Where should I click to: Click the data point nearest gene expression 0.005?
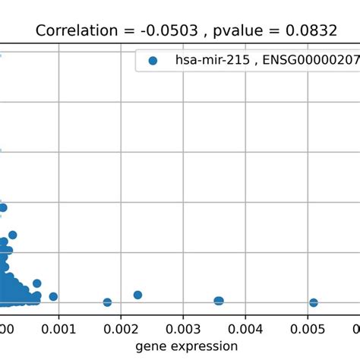[x=313, y=302]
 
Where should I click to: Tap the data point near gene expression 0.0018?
[x=107, y=302]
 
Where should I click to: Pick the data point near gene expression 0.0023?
[x=137, y=295]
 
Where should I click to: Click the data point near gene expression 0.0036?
[x=219, y=301]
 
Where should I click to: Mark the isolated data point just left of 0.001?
[x=53, y=296]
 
